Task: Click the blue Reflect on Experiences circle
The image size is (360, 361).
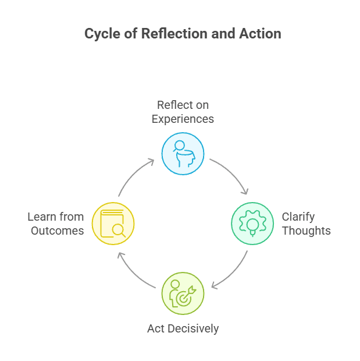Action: [183, 154]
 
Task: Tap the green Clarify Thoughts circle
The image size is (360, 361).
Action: [252, 224]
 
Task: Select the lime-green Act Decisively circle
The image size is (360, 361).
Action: [183, 293]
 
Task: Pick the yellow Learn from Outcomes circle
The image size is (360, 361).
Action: [113, 224]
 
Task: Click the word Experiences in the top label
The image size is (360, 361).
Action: [183, 119]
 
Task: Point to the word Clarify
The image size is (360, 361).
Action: [298, 217]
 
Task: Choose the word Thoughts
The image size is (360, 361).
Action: [306, 231]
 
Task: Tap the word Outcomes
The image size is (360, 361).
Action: [58, 231]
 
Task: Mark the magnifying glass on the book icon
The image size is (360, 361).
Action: [119, 229]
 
